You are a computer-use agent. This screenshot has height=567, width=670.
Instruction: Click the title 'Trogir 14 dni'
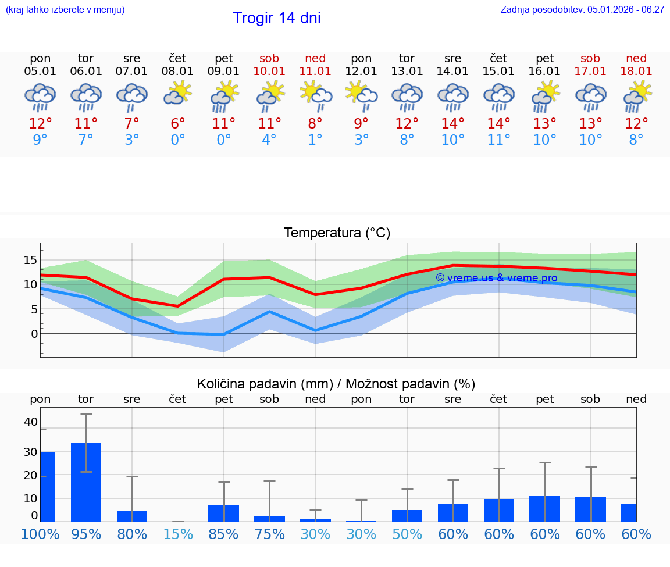[x=276, y=18]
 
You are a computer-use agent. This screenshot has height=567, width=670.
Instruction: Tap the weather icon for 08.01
[x=177, y=94]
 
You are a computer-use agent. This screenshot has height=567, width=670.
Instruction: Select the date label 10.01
[x=269, y=72]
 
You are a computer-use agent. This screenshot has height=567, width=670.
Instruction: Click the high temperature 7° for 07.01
[x=132, y=124]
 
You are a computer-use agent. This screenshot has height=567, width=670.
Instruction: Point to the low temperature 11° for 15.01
[x=498, y=140]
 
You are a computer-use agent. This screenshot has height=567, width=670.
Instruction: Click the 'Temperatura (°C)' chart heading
[x=337, y=233]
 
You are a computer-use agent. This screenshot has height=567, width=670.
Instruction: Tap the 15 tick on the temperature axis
[x=31, y=260]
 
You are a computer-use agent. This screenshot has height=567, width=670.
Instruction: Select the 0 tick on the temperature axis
[x=34, y=334]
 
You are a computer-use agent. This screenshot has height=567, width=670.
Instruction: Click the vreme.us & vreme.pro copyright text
[x=496, y=278]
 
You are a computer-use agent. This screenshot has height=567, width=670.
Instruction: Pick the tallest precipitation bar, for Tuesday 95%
[x=86, y=482]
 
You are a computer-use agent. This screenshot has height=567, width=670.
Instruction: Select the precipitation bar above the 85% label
[x=224, y=513]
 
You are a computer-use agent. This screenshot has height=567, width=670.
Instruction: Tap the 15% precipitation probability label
[x=178, y=534]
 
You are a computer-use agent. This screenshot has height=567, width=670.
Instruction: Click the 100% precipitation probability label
[x=40, y=534]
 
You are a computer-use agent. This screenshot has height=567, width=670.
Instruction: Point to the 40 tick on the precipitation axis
[x=31, y=422]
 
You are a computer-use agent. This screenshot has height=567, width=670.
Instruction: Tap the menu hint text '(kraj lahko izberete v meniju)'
[x=65, y=10]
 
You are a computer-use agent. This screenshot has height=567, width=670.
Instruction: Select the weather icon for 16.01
[x=545, y=96]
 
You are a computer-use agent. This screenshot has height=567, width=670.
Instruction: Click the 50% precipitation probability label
[x=407, y=534]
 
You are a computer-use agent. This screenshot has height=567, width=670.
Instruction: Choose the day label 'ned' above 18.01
[x=636, y=58]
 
